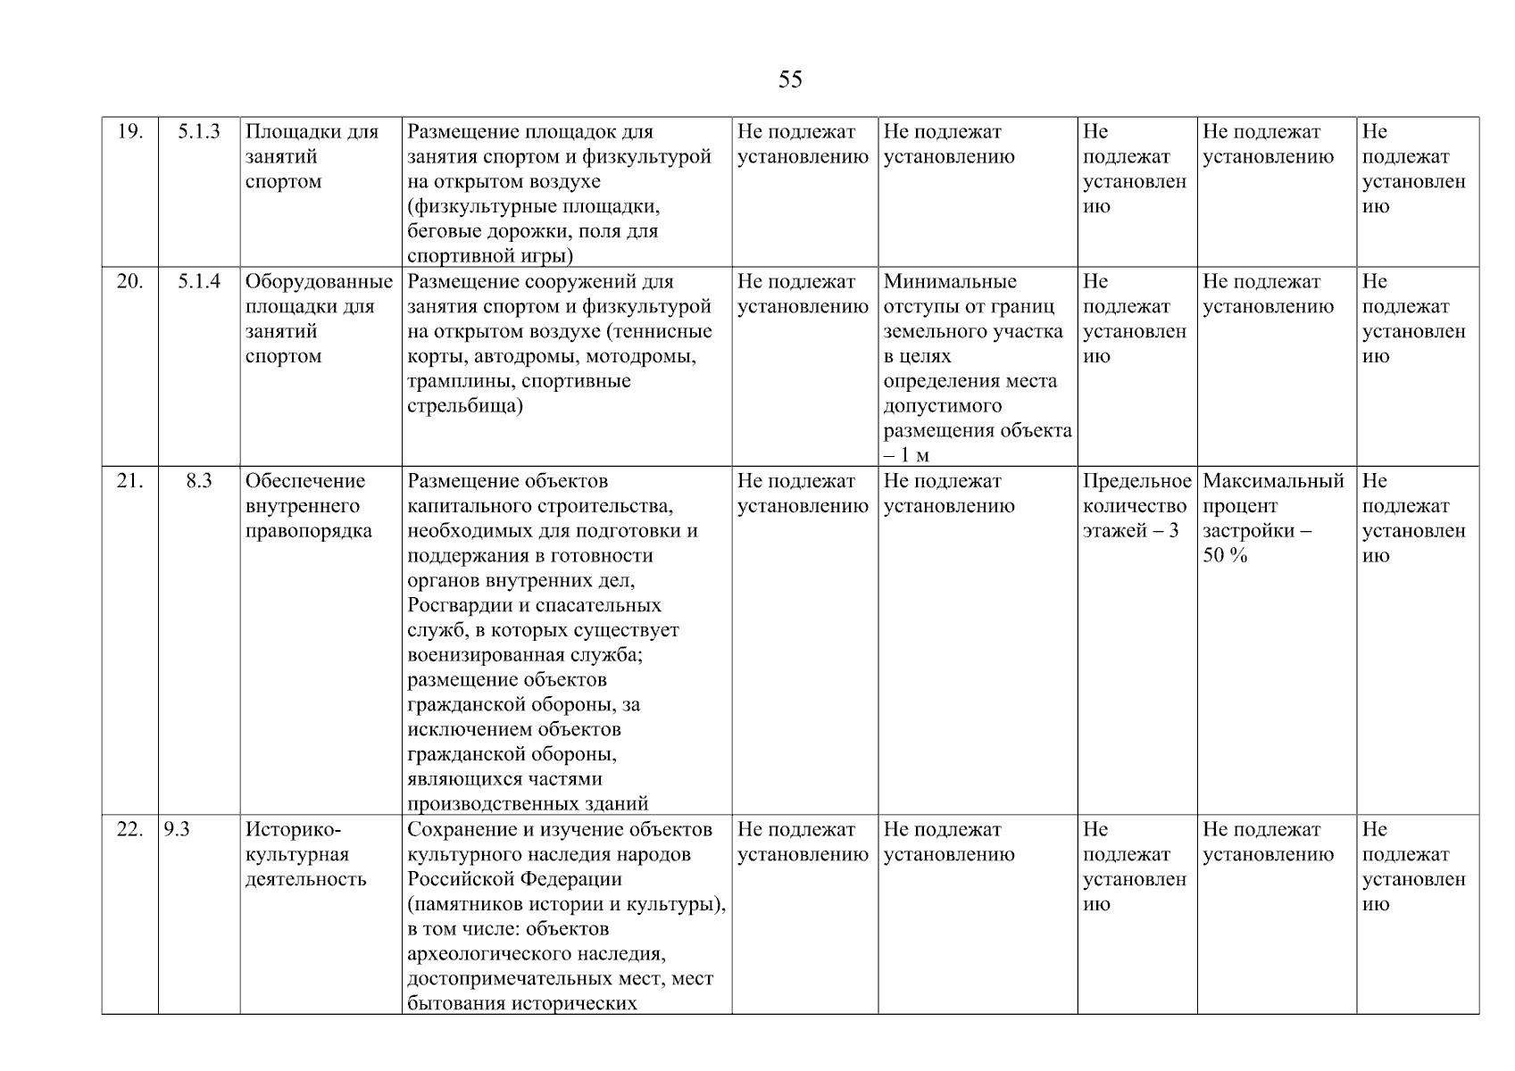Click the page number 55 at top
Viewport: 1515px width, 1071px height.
tap(789, 80)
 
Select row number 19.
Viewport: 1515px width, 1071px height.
tap(129, 132)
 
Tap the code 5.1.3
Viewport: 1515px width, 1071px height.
tap(198, 132)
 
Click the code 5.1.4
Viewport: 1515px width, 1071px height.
tap(198, 282)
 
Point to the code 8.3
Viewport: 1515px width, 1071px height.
tap(198, 481)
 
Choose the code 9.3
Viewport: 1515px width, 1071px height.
tap(177, 829)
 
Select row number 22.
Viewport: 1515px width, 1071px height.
tap(129, 829)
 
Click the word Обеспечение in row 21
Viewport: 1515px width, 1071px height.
tap(304, 481)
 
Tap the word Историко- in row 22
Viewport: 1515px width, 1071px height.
tap(293, 829)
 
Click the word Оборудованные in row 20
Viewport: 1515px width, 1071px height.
tap(319, 282)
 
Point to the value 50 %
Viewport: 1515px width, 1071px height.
tap(1225, 556)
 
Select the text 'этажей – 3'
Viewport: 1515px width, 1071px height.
tap(1130, 531)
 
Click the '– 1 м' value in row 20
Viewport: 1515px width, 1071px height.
tap(906, 455)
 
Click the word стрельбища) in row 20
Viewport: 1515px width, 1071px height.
tap(465, 406)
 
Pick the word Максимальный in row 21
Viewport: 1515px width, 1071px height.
tap(1273, 481)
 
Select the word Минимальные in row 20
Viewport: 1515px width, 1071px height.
tap(950, 282)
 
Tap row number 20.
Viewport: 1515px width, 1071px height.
tap(129, 282)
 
